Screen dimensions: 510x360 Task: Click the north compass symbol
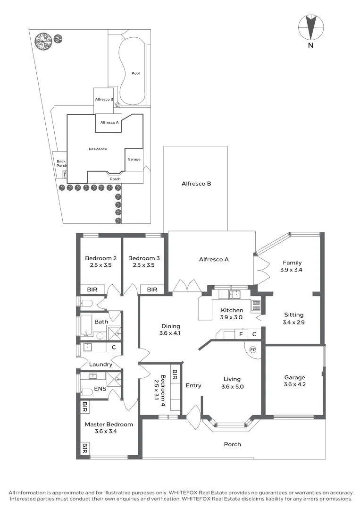310,28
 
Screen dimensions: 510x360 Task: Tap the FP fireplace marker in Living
253,350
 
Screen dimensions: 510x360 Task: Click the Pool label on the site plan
135,73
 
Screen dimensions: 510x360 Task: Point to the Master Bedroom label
109,424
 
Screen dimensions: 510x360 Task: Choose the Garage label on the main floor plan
294,377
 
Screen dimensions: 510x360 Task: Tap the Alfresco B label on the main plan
196,183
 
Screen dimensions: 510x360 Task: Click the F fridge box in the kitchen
241,335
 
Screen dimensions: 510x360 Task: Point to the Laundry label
100,364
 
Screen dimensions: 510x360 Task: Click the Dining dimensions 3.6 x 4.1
171,333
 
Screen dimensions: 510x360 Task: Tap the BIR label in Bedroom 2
92,289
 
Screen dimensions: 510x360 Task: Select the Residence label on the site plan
98,149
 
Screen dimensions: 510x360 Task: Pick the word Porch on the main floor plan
232,444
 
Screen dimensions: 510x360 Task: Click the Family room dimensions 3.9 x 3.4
292,271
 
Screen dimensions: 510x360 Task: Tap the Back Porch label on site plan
61,163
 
